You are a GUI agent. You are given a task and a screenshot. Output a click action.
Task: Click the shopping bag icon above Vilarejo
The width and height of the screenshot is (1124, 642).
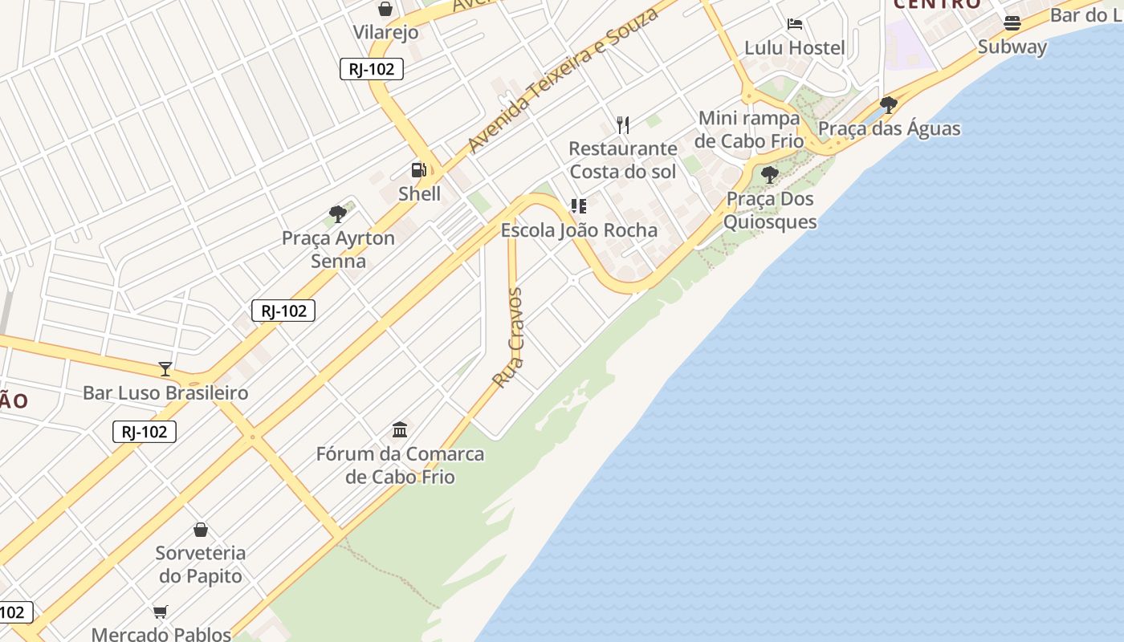point(385,10)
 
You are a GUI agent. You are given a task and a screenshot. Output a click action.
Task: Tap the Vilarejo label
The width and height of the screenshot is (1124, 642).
point(386,32)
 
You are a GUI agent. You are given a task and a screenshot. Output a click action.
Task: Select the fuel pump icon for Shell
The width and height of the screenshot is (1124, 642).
point(419,170)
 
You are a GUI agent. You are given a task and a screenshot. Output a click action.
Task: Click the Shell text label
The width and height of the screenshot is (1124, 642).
point(419,193)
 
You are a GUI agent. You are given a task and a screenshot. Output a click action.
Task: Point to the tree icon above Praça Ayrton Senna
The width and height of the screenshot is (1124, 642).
point(338,214)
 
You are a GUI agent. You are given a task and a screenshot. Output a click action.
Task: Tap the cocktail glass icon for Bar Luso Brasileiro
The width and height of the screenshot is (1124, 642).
point(165,369)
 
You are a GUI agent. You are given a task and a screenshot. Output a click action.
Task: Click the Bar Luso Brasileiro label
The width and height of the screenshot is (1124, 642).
point(165,393)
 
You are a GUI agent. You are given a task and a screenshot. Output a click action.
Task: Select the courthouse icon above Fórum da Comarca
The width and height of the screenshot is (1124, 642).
point(400,429)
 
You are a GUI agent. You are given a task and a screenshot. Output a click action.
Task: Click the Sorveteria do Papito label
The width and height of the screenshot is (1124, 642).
point(201,564)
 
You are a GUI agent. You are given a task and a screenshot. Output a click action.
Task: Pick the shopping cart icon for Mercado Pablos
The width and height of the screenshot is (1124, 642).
point(161,612)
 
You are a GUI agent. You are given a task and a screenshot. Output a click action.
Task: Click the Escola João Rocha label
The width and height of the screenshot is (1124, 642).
point(579,230)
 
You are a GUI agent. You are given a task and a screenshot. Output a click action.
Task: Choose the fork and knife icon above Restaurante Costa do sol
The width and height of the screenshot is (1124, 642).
point(623,124)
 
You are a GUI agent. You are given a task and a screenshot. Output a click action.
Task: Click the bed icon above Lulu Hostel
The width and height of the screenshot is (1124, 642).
point(795,24)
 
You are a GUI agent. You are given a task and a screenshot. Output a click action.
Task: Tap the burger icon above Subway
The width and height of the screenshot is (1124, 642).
point(1012,23)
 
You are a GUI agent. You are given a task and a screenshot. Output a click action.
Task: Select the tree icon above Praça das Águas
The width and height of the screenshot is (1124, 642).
point(889,104)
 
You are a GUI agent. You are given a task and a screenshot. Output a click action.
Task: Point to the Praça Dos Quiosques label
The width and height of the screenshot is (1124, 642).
point(770,210)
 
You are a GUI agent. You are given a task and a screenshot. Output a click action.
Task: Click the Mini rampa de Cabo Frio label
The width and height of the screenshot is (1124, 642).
point(749,129)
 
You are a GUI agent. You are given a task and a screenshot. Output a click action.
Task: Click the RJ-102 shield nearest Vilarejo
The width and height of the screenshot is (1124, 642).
point(371,69)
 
